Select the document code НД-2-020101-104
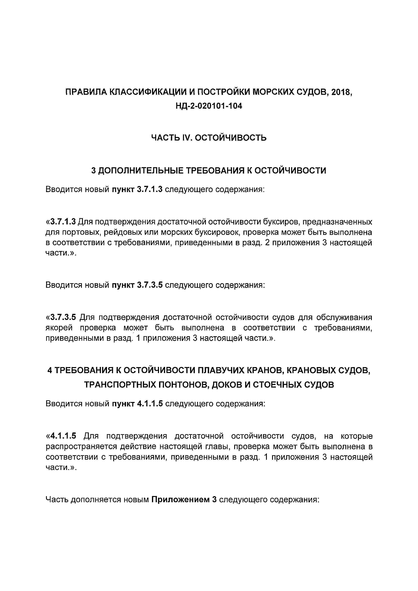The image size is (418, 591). pyautogui.click(x=209, y=106)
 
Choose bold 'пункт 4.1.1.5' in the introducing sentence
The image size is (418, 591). pyautogui.click(x=137, y=404)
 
